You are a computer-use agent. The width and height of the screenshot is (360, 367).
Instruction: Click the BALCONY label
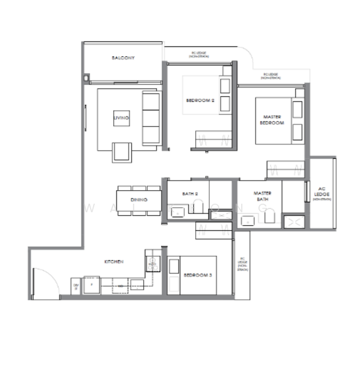(123, 58)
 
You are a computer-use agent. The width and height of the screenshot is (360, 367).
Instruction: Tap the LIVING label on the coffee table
(121, 118)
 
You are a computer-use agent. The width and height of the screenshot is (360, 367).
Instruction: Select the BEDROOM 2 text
(200, 100)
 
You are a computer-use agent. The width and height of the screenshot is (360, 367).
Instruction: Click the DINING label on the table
(138, 200)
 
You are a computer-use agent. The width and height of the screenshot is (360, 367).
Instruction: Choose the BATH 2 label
(190, 194)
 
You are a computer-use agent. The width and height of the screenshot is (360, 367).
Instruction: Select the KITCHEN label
(114, 261)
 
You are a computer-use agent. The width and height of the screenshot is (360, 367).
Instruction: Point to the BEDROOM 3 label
(198, 276)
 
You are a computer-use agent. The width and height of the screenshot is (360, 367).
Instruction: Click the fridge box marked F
(92, 285)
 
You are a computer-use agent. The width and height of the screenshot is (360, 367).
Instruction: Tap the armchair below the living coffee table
(121, 150)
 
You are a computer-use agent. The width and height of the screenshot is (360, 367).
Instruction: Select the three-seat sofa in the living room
(151, 119)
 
